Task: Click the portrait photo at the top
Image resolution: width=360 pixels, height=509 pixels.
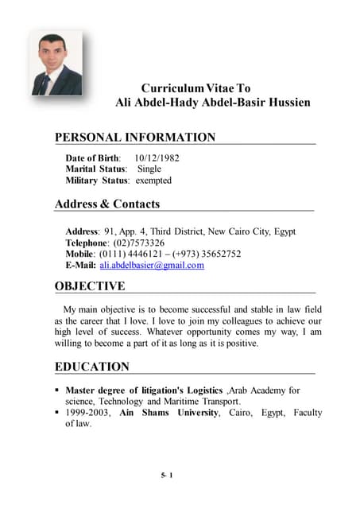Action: tap(56, 64)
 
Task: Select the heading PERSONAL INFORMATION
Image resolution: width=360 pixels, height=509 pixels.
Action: tap(134, 138)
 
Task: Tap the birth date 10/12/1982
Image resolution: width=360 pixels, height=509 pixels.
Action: tap(157, 158)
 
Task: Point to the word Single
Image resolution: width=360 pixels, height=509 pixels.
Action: tap(149, 169)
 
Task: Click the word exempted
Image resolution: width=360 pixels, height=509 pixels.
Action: tap(153, 181)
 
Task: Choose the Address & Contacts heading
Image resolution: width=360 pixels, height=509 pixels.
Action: tap(107, 204)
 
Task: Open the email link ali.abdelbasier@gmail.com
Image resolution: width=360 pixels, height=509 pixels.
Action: tap(152, 265)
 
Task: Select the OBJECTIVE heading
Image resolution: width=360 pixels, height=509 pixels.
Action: tap(90, 286)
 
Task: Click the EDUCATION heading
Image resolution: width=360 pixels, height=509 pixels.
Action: tap(91, 367)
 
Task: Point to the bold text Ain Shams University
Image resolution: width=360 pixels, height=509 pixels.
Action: tap(168, 413)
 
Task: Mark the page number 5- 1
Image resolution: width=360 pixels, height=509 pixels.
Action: tap(167, 476)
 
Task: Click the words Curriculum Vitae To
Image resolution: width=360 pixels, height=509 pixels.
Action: tap(195, 87)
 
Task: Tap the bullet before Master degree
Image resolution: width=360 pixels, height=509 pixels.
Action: tap(57, 391)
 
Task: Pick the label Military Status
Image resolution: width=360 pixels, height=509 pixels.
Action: tap(97, 181)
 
